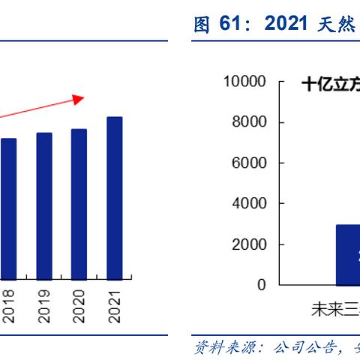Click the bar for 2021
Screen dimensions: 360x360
click(114, 199)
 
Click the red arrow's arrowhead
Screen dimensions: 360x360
click(79, 97)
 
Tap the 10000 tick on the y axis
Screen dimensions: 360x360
click(244, 82)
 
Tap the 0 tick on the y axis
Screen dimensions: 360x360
click(261, 285)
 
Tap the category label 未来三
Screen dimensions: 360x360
click(334, 308)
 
